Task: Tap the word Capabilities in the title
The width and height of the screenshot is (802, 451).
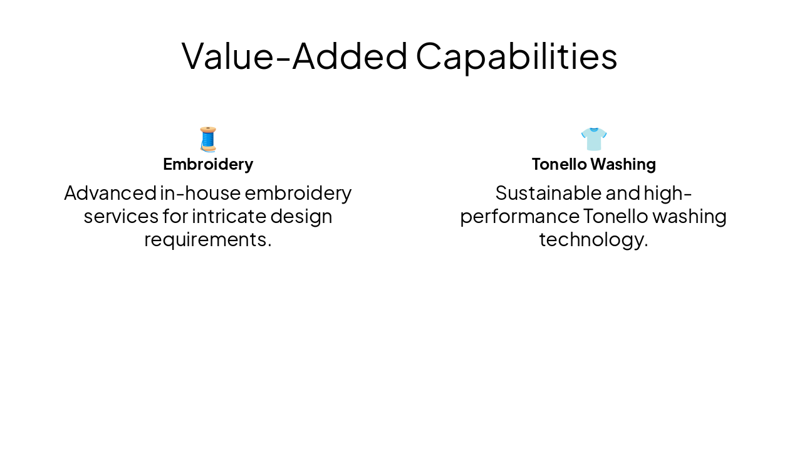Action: pyautogui.click(x=516, y=56)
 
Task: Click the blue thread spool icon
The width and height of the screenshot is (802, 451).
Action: pyautogui.click(x=208, y=139)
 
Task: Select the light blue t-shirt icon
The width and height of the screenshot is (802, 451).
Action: pyautogui.click(x=593, y=139)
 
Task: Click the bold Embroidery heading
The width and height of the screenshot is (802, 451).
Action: pyautogui.click(x=208, y=164)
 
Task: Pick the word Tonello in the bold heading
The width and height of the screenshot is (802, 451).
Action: pyautogui.click(x=559, y=164)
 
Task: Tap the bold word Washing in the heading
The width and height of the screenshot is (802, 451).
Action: pyautogui.click(x=623, y=164)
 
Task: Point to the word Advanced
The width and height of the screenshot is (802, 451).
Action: pyautogui.click(x=110, y=193)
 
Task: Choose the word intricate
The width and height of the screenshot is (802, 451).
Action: pyautogui.click(x=229, y=217)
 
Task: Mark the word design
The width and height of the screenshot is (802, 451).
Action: pyautogui.click(x=301, y=217)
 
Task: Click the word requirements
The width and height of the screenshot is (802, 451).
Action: pyautogui.click(x=208, y=240)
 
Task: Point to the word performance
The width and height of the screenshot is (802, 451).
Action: pyautogui.click(x=519, y=217)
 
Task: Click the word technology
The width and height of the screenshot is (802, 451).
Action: pyautogui.click(x=593, y=240)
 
